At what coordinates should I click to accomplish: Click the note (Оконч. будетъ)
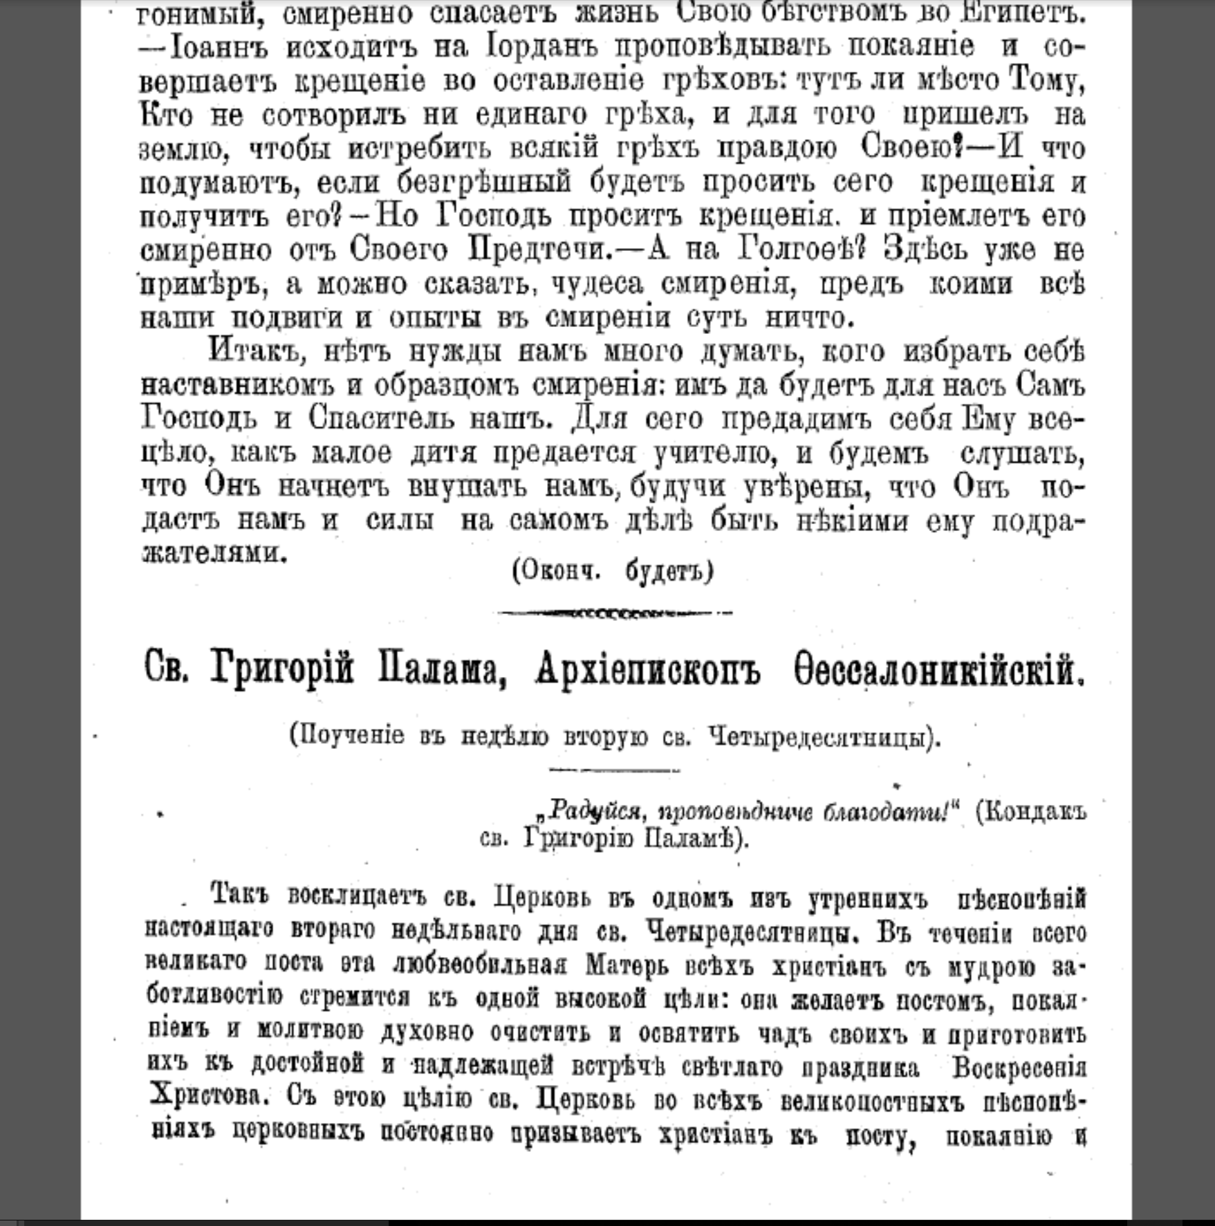point(613,571)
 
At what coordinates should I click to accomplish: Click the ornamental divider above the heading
point(614,613)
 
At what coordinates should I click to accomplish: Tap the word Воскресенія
point(1019,1068)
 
